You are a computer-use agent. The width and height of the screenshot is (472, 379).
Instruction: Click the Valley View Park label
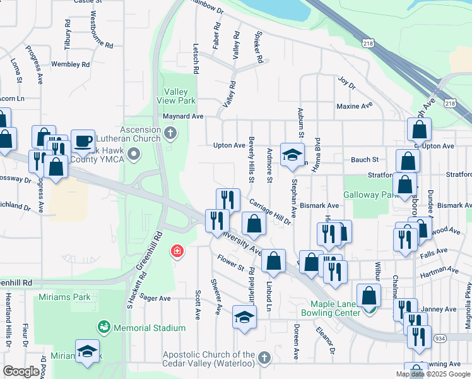click(179, 96)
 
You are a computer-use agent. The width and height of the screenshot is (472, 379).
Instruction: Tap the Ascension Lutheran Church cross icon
click(170, 133)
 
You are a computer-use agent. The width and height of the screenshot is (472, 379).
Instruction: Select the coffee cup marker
click(83, 141)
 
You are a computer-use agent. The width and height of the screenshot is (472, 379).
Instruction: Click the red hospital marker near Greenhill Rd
click(177, 252)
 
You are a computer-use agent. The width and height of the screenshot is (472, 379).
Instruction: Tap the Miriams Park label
click(64, 298)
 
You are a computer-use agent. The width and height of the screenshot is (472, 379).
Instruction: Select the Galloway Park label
click(372, 194)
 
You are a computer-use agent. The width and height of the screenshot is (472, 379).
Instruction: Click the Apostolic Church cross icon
click(264, 358)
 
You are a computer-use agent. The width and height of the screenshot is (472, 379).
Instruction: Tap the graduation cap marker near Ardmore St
click(292, 154)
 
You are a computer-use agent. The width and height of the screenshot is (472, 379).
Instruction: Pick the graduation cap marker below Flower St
click(244, 317)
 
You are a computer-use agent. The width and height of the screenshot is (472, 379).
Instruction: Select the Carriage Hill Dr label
click(269, 212)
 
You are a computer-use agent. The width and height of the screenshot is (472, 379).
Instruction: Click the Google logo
click(21, 371)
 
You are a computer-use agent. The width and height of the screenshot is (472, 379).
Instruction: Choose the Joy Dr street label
click(346, 83)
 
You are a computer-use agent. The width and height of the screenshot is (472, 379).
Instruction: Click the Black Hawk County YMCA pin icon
click(134, 153)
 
